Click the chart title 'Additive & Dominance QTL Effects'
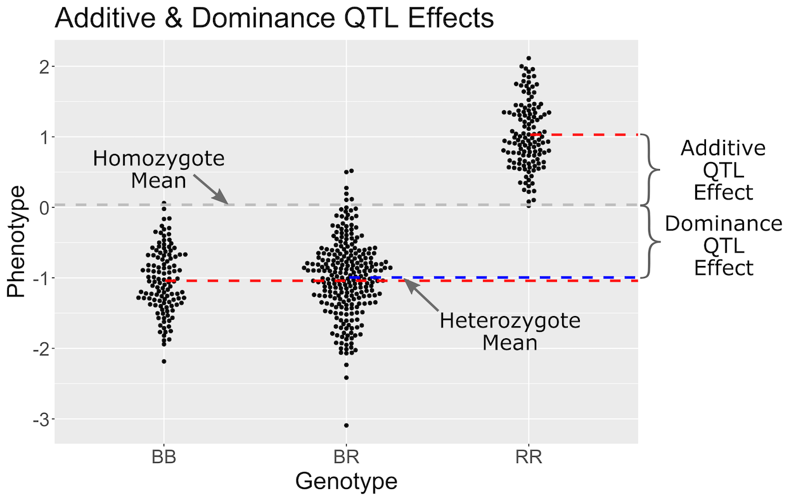coord(274,18)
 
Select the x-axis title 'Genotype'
coord(346,481)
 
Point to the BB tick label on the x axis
coord(164,457)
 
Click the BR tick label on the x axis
coord(346,457)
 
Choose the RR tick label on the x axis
coord(529,457)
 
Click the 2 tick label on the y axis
coord(42,67)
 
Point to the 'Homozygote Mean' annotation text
coord(158,168)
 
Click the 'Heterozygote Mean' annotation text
coord(510,331)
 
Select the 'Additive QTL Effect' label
coord(722,170)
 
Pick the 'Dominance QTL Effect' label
coord(723,245)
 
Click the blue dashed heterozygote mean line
coord(507,277)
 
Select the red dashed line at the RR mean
coord(583,134)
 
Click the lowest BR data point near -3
coord(346,425)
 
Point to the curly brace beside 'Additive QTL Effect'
coord(650,170)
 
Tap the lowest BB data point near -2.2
coord(164,361)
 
